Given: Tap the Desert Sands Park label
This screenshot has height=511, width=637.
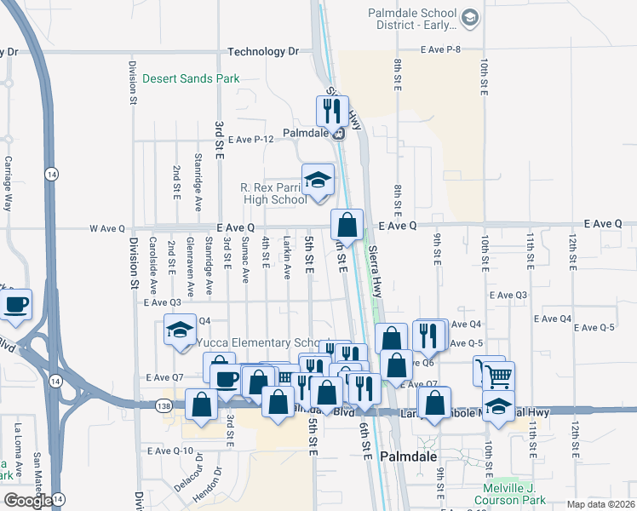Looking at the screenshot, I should (191, 79).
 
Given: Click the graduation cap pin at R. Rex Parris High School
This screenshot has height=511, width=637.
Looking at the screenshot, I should (318, 180).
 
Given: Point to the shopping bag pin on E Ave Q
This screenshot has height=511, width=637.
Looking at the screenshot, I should (347, 226).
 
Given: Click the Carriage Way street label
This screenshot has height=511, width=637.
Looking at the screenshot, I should (9, 183).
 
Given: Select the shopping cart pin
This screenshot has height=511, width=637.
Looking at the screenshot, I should (499, 376).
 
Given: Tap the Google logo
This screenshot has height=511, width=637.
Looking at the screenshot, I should (27, 500).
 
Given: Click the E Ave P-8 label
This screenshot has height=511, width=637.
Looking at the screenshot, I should (440, 49).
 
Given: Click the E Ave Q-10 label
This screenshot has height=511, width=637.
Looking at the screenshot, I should (171, 451).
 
